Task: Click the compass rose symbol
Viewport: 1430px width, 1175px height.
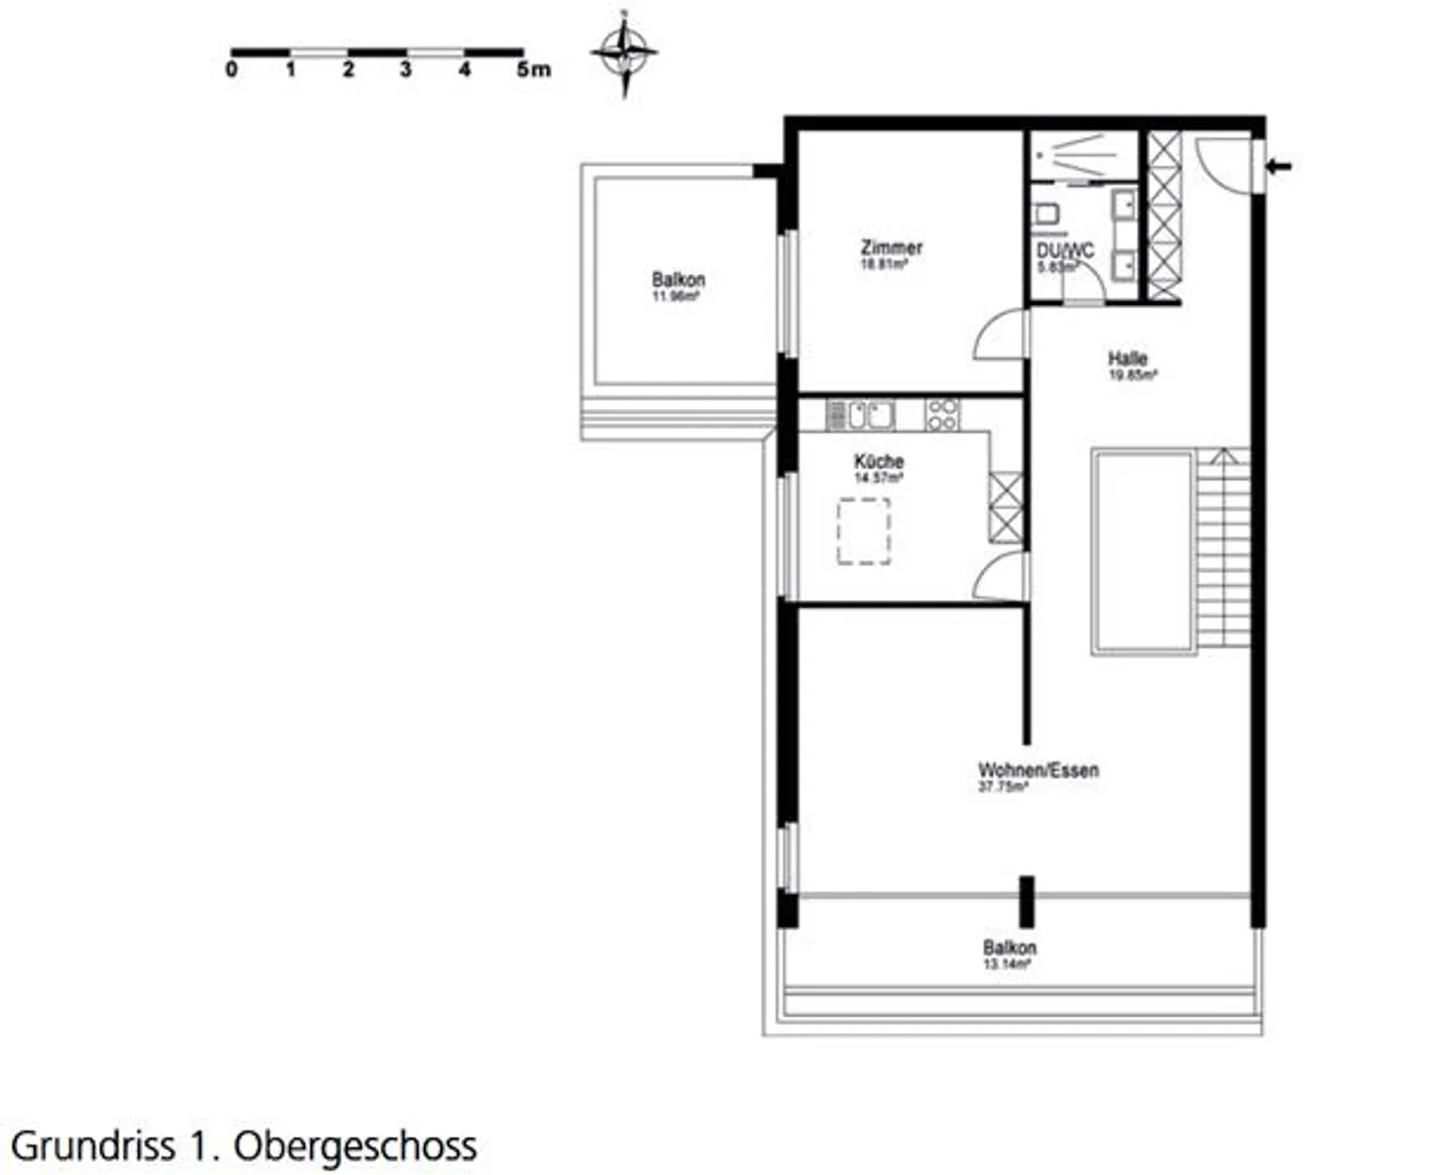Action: pyautogui.click(x=625, y=53)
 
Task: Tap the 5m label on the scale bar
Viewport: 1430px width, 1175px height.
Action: pyautogui.click(x=533, y=71)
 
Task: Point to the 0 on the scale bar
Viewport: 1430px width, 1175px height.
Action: pyautogui.click(x=231, y=71)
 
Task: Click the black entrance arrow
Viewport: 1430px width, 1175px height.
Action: pyautogui.click(x=1279, y=166)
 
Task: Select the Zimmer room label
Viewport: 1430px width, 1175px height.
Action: pyautogui.click(x=891, y=247)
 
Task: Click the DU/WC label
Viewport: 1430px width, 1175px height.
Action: pyautogui.click(x=1065, y=251)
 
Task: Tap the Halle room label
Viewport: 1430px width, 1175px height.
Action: pyautogui.click(x=1128, y=359)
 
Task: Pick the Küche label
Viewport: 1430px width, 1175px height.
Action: pyautogui.click(x=879, y=462)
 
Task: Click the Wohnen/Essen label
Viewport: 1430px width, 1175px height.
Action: pyautogui.click(x=1038, y=770)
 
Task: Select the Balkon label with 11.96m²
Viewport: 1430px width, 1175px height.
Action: pyautogui.click(x=678, y=280)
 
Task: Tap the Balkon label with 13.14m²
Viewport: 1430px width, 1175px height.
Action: pyautogui.click(x=1009, y=948)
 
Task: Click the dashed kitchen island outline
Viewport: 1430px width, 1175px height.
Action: pyautogui.click(x=863, y=531)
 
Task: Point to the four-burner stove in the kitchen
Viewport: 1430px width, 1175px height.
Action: pyautogui.click(x=942, y=414)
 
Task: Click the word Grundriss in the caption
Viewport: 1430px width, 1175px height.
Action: pyautogui.click(x=93, y=1146)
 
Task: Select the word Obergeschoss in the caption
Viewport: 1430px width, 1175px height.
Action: pyautogui.click(x=356, y=1146)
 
